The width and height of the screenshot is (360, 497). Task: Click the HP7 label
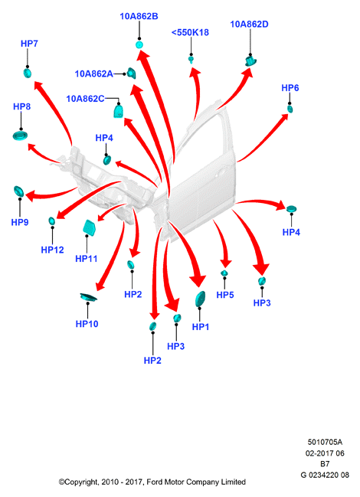(x=29, y=44)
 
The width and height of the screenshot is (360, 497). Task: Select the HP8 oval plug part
(x=20, y=136)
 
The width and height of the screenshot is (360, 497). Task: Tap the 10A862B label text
(x=139, y=16)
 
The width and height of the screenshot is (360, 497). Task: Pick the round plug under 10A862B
(x=139, y=44)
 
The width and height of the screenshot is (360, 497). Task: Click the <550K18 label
(x=190, y=32)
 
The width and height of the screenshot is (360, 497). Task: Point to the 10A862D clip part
(x=250, y=60)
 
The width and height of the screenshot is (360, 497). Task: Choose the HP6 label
(x=290, y=88)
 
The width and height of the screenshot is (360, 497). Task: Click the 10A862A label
(x=93, y=74)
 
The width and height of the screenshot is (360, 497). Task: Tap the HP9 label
(x=20, y=222)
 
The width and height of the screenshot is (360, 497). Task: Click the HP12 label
(x=52, y=250)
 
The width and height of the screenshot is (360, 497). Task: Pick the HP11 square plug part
(x=89, y=227)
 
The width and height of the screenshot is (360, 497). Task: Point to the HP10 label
(x=87, y=324)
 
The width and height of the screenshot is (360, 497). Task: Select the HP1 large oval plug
(x=200, y=299)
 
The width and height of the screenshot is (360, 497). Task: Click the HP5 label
(x=225, y=295)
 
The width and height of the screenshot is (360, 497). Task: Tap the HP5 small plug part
(x=224, y=273)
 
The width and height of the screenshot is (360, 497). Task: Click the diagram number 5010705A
(x=325, y=442)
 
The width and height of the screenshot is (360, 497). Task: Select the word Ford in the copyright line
(x=153, y=482)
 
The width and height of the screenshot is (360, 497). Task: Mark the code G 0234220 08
(x=325, y=475)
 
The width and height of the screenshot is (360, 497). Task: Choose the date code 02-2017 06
(x=325, y=453)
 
